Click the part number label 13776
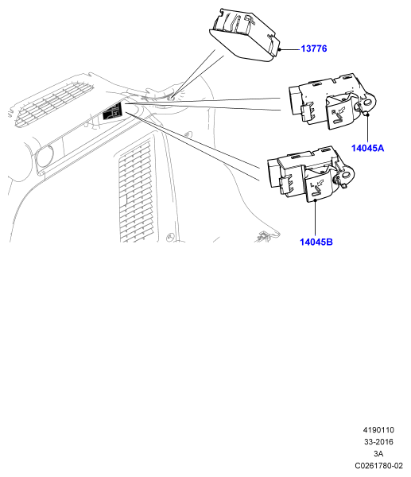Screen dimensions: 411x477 314,48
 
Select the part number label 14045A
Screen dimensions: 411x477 367,148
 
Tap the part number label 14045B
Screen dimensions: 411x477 316,242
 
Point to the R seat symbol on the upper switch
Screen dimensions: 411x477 337,115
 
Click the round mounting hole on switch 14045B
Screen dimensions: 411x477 346,175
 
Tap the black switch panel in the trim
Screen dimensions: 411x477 112,111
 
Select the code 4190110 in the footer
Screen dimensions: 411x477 378,430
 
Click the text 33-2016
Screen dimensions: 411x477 378,442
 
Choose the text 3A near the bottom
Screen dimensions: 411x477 378,454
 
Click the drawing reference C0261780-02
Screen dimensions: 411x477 378,466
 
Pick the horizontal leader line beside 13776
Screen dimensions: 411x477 290,49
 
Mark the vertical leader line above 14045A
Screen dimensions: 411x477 367,129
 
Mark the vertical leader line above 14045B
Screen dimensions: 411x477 316,218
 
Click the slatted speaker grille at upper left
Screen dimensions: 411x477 52,103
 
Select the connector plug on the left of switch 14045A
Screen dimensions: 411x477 308,113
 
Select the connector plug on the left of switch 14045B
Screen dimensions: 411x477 286,185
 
